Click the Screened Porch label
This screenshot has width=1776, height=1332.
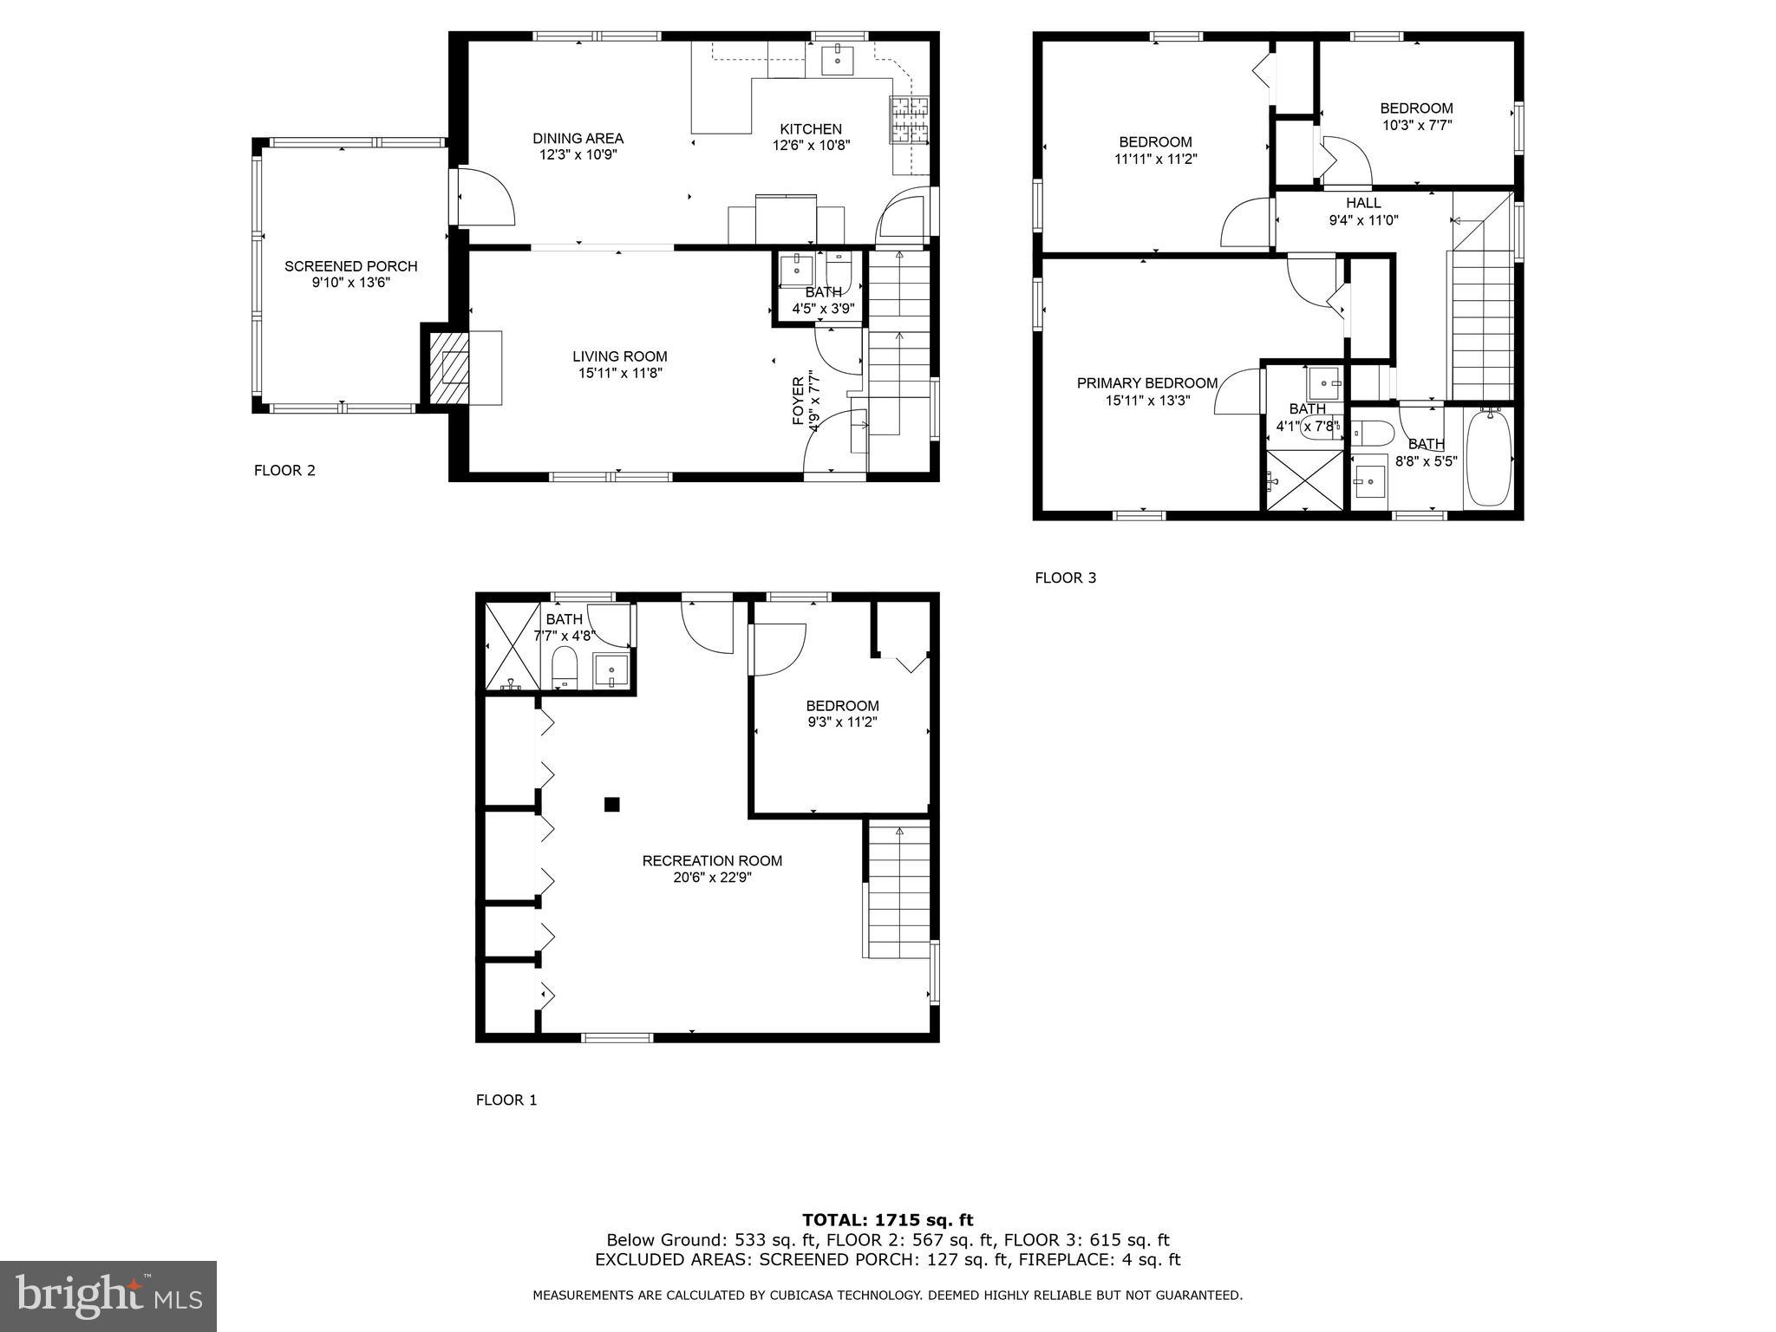[350, 266]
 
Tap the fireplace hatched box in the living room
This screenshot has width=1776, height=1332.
[447, 368]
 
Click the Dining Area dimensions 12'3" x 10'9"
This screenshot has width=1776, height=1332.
[578, 154]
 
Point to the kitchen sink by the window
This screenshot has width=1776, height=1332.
[838, 60]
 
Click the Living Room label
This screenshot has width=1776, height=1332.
[619, 356]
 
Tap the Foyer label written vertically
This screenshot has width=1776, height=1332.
[798, 402]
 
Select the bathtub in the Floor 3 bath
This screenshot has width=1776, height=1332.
[1489, 457]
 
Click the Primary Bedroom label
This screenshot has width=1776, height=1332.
[1146, 383]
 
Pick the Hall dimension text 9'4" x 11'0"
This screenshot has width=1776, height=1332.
[1363, 220]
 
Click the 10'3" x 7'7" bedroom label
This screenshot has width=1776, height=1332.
[1416, 125]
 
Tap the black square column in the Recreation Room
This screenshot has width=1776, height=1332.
[611, 805]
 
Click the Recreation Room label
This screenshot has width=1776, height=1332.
[712, 861]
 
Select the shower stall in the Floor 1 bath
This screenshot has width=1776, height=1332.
[512, 647]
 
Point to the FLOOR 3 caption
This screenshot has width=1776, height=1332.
[1065, 578]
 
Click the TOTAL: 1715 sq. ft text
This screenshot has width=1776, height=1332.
[887, 1220]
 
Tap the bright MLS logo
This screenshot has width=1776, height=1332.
[108, 1296]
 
